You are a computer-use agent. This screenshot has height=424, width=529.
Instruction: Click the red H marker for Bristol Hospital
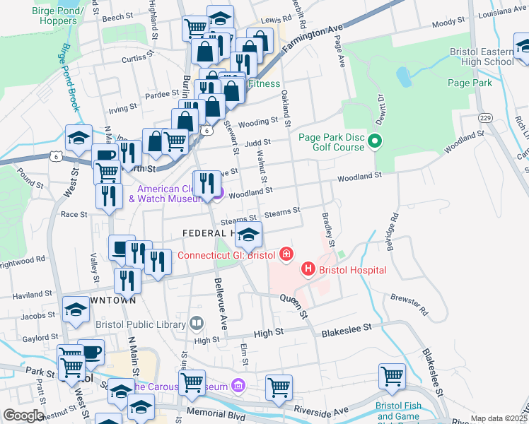308,269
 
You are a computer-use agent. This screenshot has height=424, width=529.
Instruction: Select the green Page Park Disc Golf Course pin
376,142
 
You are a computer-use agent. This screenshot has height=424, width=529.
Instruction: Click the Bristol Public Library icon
196,324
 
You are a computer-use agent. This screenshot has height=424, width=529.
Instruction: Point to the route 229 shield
484,117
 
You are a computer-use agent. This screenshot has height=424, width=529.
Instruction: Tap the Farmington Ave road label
312,42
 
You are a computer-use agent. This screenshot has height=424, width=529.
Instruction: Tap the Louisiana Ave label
504,13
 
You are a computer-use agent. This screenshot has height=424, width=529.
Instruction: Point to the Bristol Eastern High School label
482,57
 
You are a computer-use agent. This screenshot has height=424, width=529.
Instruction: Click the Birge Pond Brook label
69,78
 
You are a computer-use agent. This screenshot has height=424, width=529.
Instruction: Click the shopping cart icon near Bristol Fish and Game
392,377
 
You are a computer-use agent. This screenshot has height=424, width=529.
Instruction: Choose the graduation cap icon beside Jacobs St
76,310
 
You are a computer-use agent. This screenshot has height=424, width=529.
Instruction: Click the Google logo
23,416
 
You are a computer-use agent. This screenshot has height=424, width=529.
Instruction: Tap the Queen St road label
295,305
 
